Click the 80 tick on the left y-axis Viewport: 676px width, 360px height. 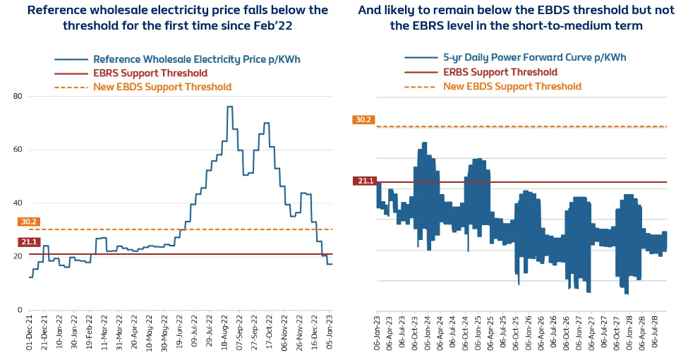coord(18,96)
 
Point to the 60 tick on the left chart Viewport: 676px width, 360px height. coord(18,150)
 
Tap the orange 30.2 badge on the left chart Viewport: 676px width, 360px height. coord(28,222)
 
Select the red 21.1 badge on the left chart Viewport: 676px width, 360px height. coord(28,242)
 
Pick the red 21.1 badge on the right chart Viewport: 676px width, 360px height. coord(366,181)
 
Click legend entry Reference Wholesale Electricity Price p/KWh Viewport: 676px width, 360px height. coord(197,59)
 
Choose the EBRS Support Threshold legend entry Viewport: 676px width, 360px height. coord(150,73)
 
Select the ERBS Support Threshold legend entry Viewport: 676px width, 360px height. coord(500,72)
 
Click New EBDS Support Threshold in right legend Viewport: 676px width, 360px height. coord(512,86)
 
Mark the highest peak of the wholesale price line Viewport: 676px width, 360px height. coord(229,107)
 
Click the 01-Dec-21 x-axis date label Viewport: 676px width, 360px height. coord(30,337)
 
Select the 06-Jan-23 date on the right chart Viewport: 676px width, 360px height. coord(378,337)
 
